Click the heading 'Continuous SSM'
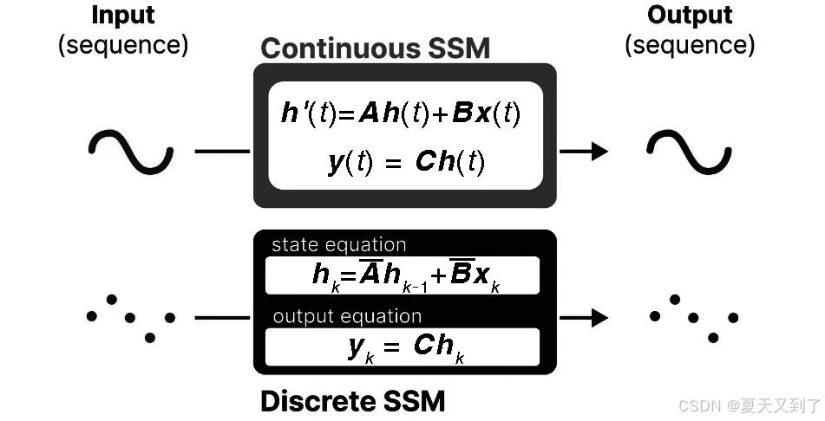click(375, 48)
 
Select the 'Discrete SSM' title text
click(352, 401)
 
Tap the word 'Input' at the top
click(122, 16)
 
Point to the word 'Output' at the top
click(690, 16)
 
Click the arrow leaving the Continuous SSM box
click(583, 152)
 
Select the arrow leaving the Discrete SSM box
click(583, 318)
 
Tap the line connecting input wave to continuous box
click(222, 152)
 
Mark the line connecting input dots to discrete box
click(222, 318)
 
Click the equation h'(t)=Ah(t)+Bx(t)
click(400, 113)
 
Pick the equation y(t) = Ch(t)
click(406, 162)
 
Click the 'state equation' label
click(338, 245)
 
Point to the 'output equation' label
click(347, 317)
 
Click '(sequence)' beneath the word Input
click(122, 45)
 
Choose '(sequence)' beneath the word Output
click(690, 45)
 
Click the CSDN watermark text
click(749, 405)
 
